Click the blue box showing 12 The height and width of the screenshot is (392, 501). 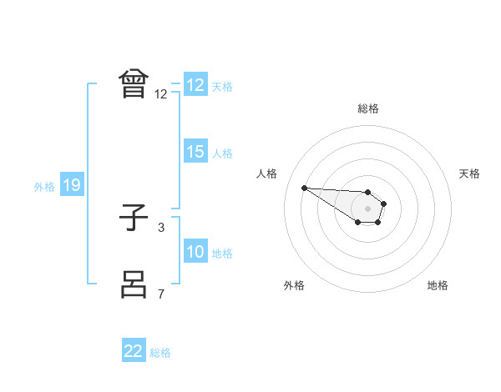click(195, 85)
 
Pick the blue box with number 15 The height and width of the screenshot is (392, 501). click(195, 152)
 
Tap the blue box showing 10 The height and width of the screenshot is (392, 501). click(195, 252)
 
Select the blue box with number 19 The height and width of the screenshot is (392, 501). click(71, 185)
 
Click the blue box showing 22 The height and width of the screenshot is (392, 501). click(134, 351)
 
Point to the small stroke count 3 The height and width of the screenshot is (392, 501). click(160, 227)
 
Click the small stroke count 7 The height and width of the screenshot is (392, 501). click(160, 294)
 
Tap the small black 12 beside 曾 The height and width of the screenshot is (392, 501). click(160, 93)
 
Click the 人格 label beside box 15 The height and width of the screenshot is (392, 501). click(222, 153)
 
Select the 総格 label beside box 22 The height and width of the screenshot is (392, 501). click(160, 353)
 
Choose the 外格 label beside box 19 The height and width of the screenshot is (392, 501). click(44, 187)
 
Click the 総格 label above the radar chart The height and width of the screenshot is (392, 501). click(367, 108)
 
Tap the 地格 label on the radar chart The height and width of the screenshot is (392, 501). click(438, 285)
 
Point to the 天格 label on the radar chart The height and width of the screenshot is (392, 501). click(470, 173)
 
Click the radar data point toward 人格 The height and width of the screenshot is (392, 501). click(304, 188)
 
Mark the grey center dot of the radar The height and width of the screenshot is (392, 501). click(367, 208)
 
